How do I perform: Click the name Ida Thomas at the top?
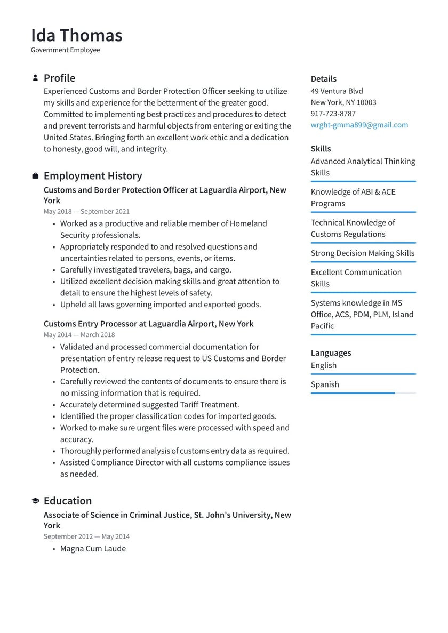pyautogui.click(x=76, y=35)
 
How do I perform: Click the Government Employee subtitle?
pyautogui.click(x=65, y=50)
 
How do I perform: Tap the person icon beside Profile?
pyautogui.click(x=35, y=78)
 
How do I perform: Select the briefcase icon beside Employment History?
pyautogui.click(x=35, y=176)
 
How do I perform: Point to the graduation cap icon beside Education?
pyautogui.click(x=35, y=501)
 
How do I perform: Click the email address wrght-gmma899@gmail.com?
pyautogui.click(x=359, y=125)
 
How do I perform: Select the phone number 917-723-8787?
pyautogui.click(x=333, y=114)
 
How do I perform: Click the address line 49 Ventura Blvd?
pyautogui.click(x=337, y=91)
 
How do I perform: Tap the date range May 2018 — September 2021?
pyautogui.click(x=86, y=211)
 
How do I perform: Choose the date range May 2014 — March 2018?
pyautogui.click(x=79, y=335)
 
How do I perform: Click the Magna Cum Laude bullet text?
pyautogui.click(x=93, y=548)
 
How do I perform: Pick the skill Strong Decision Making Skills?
pyautogui.click(x=362, y=253)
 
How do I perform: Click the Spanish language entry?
pyautogui.click(x=325, y=384)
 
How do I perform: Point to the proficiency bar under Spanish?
pyautogui.click(x=363, y=393)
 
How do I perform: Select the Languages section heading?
pyautogui.click(x=331, y=353)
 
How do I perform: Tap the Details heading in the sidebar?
pyautogui.click(x=323, y=79)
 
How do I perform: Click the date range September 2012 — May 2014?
pyautogui.click(x=86, y=536)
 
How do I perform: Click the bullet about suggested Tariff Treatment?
pyautogui.click(x=149, y=405)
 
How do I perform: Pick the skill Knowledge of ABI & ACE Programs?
pyautogui.click(x=353, y=197)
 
